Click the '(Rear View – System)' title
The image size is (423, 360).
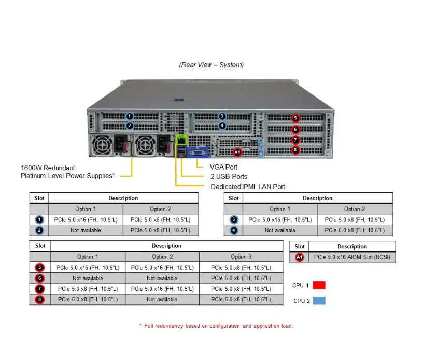(211, 65)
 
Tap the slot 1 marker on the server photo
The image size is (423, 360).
(130, 116)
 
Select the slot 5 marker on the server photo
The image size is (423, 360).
(295, 118)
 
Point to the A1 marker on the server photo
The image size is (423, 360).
(237, 153)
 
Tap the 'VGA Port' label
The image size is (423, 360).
(224, 167)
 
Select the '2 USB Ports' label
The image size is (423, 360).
(229, 177)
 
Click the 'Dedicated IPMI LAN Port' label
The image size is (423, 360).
(247, 187)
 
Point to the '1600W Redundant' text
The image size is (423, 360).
(48, 168)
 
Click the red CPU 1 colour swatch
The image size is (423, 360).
(319, 285)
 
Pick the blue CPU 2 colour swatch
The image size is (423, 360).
(319, 301)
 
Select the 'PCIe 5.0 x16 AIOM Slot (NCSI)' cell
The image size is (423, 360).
(351, 257)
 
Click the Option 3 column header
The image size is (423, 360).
(241, 257)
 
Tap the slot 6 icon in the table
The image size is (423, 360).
(40, 278)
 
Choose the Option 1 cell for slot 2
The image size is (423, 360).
(86, 230)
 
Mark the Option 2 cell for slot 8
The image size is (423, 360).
(162, 299)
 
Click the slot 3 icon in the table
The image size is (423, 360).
(234, 220)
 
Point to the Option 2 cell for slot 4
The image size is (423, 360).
(355, 230)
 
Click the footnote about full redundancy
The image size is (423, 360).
(216, 326)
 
